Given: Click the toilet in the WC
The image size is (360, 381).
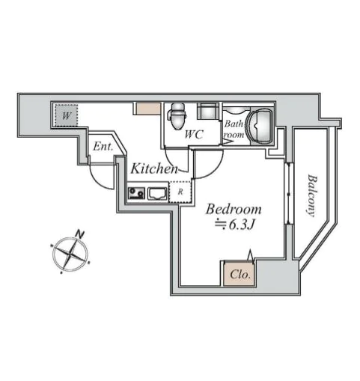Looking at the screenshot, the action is pos(178,116).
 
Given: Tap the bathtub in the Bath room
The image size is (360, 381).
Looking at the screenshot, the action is pos(260,126).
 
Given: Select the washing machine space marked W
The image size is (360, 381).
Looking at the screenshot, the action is pos(66,115).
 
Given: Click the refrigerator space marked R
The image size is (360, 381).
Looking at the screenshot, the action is pos(180,192).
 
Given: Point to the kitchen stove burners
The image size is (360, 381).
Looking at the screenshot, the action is pos(136,193).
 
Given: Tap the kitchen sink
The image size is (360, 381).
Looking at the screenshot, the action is pos(157,194).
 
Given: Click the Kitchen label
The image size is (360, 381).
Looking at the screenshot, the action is pos(155,168).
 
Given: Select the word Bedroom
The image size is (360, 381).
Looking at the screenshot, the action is pos(234,209).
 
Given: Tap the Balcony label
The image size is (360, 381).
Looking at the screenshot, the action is pos(312,195).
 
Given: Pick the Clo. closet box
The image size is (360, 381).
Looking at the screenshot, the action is pos(239,274).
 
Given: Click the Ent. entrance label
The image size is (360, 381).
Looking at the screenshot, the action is pos(103,147).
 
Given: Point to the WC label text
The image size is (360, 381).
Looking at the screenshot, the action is pos(194,135).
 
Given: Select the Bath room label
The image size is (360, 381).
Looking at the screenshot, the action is pos(234,129).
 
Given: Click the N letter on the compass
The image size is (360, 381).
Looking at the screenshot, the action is pos(79,234).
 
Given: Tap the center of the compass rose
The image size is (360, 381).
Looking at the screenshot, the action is pos(70,254).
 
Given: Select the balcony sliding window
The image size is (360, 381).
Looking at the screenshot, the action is pos(289,194).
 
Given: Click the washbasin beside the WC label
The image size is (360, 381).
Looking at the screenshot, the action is pos(207,111).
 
